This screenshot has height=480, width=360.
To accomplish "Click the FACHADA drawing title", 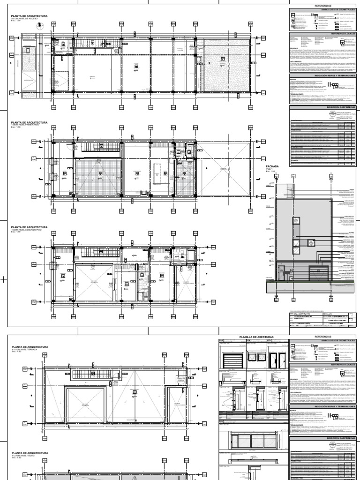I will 272,166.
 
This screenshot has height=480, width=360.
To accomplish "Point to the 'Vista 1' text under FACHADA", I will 270,170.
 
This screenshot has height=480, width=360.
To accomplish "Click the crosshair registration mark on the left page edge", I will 4,280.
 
